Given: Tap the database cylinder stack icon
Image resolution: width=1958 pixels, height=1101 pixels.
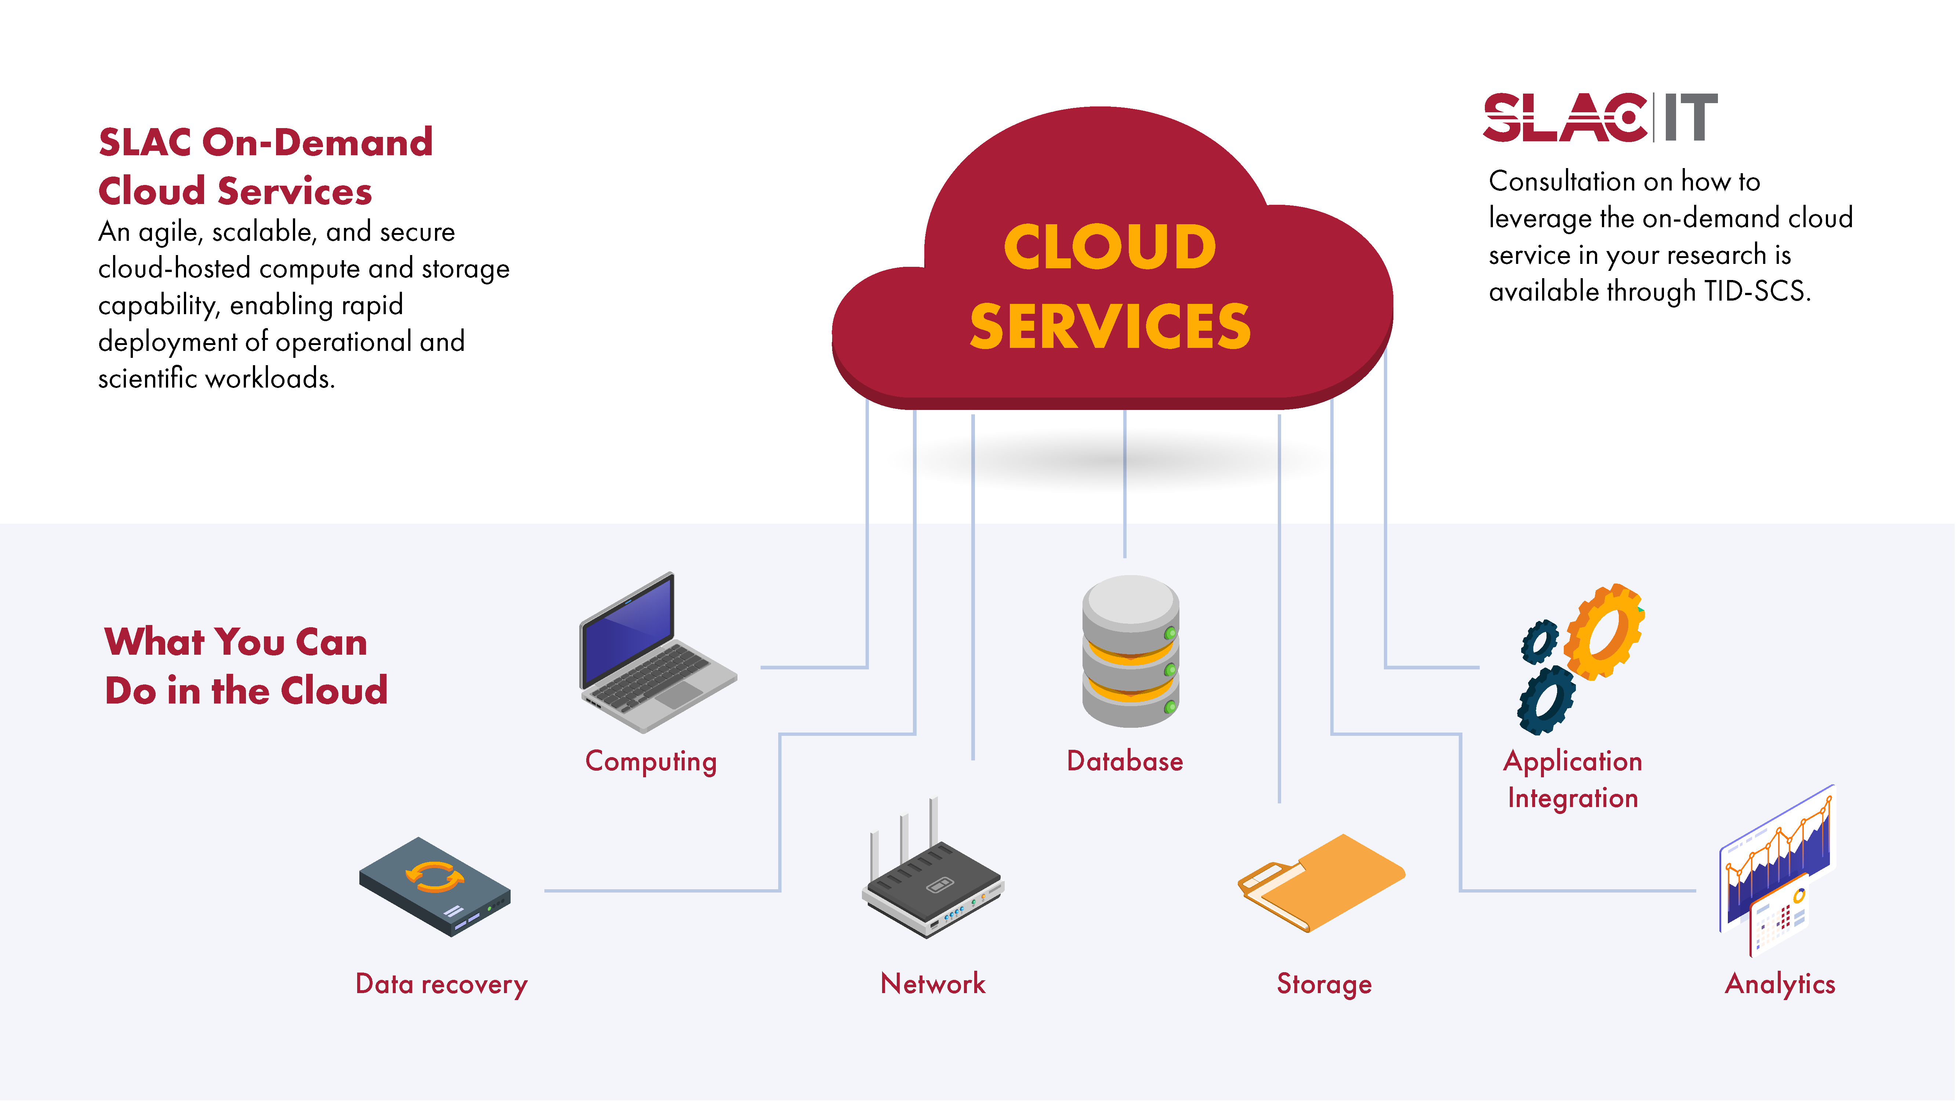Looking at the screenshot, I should click(x=1130, y=652).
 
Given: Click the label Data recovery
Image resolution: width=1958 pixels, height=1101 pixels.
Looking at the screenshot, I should click(x=441, y=984).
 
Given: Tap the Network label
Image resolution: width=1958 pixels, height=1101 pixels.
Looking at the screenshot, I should click(x=933, y=984).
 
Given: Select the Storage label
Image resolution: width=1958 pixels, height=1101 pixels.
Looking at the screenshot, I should click(x=1324, y=984).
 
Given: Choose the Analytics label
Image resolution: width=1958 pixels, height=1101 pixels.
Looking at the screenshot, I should click(x=1779, y=984).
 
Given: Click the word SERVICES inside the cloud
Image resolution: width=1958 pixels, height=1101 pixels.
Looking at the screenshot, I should click(x=1110, y=327).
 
